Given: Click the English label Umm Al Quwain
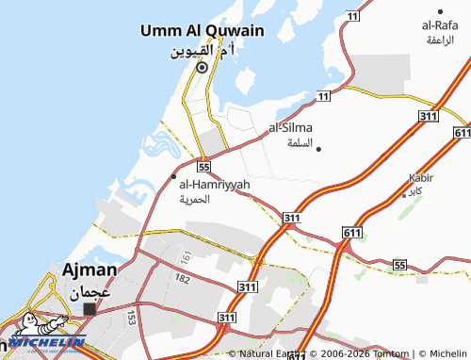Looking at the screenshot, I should [202, 30].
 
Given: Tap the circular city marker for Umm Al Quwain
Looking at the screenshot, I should [201, 67].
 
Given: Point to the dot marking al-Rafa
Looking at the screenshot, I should [440, 10].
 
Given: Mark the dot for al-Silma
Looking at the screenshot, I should [319, 149].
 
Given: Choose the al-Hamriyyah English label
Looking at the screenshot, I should [215, 185].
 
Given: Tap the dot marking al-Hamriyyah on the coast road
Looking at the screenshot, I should [173, 175].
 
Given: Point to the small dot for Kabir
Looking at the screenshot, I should [405, 195].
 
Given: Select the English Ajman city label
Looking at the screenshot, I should [89, 270].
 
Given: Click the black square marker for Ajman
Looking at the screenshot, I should [89, 308].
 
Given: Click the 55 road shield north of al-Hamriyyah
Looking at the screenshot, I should [203, 163].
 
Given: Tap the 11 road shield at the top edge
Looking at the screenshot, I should [353, 17].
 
